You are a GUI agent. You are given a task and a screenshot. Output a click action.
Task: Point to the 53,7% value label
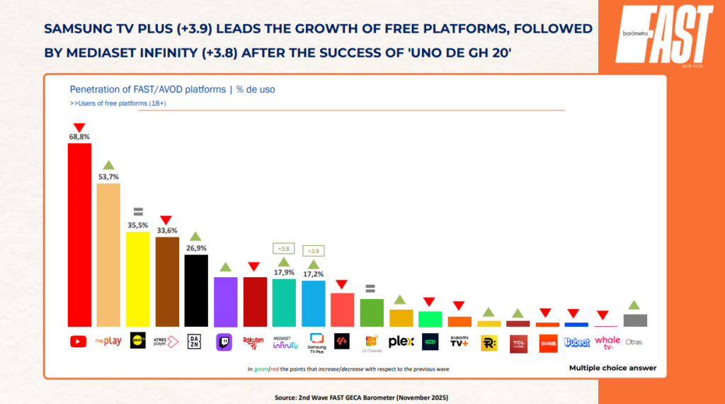[108, 176]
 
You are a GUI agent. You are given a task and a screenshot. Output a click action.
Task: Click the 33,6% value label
[166, 230]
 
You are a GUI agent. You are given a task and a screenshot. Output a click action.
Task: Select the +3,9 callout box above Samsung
[313, 251]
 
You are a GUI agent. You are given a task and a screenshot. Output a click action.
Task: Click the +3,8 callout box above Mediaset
[283, 249]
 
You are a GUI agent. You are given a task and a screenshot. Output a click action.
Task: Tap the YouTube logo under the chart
[79, 342]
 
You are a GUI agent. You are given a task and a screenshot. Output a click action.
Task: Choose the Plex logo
[401, 342]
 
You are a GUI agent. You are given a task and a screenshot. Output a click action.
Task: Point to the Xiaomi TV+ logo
[460, 342]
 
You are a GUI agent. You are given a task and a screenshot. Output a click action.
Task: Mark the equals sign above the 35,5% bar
[137, 211]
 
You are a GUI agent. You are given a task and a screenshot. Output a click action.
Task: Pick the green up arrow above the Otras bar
[634, 305]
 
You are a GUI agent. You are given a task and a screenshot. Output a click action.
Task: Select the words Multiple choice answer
[612, 368]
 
